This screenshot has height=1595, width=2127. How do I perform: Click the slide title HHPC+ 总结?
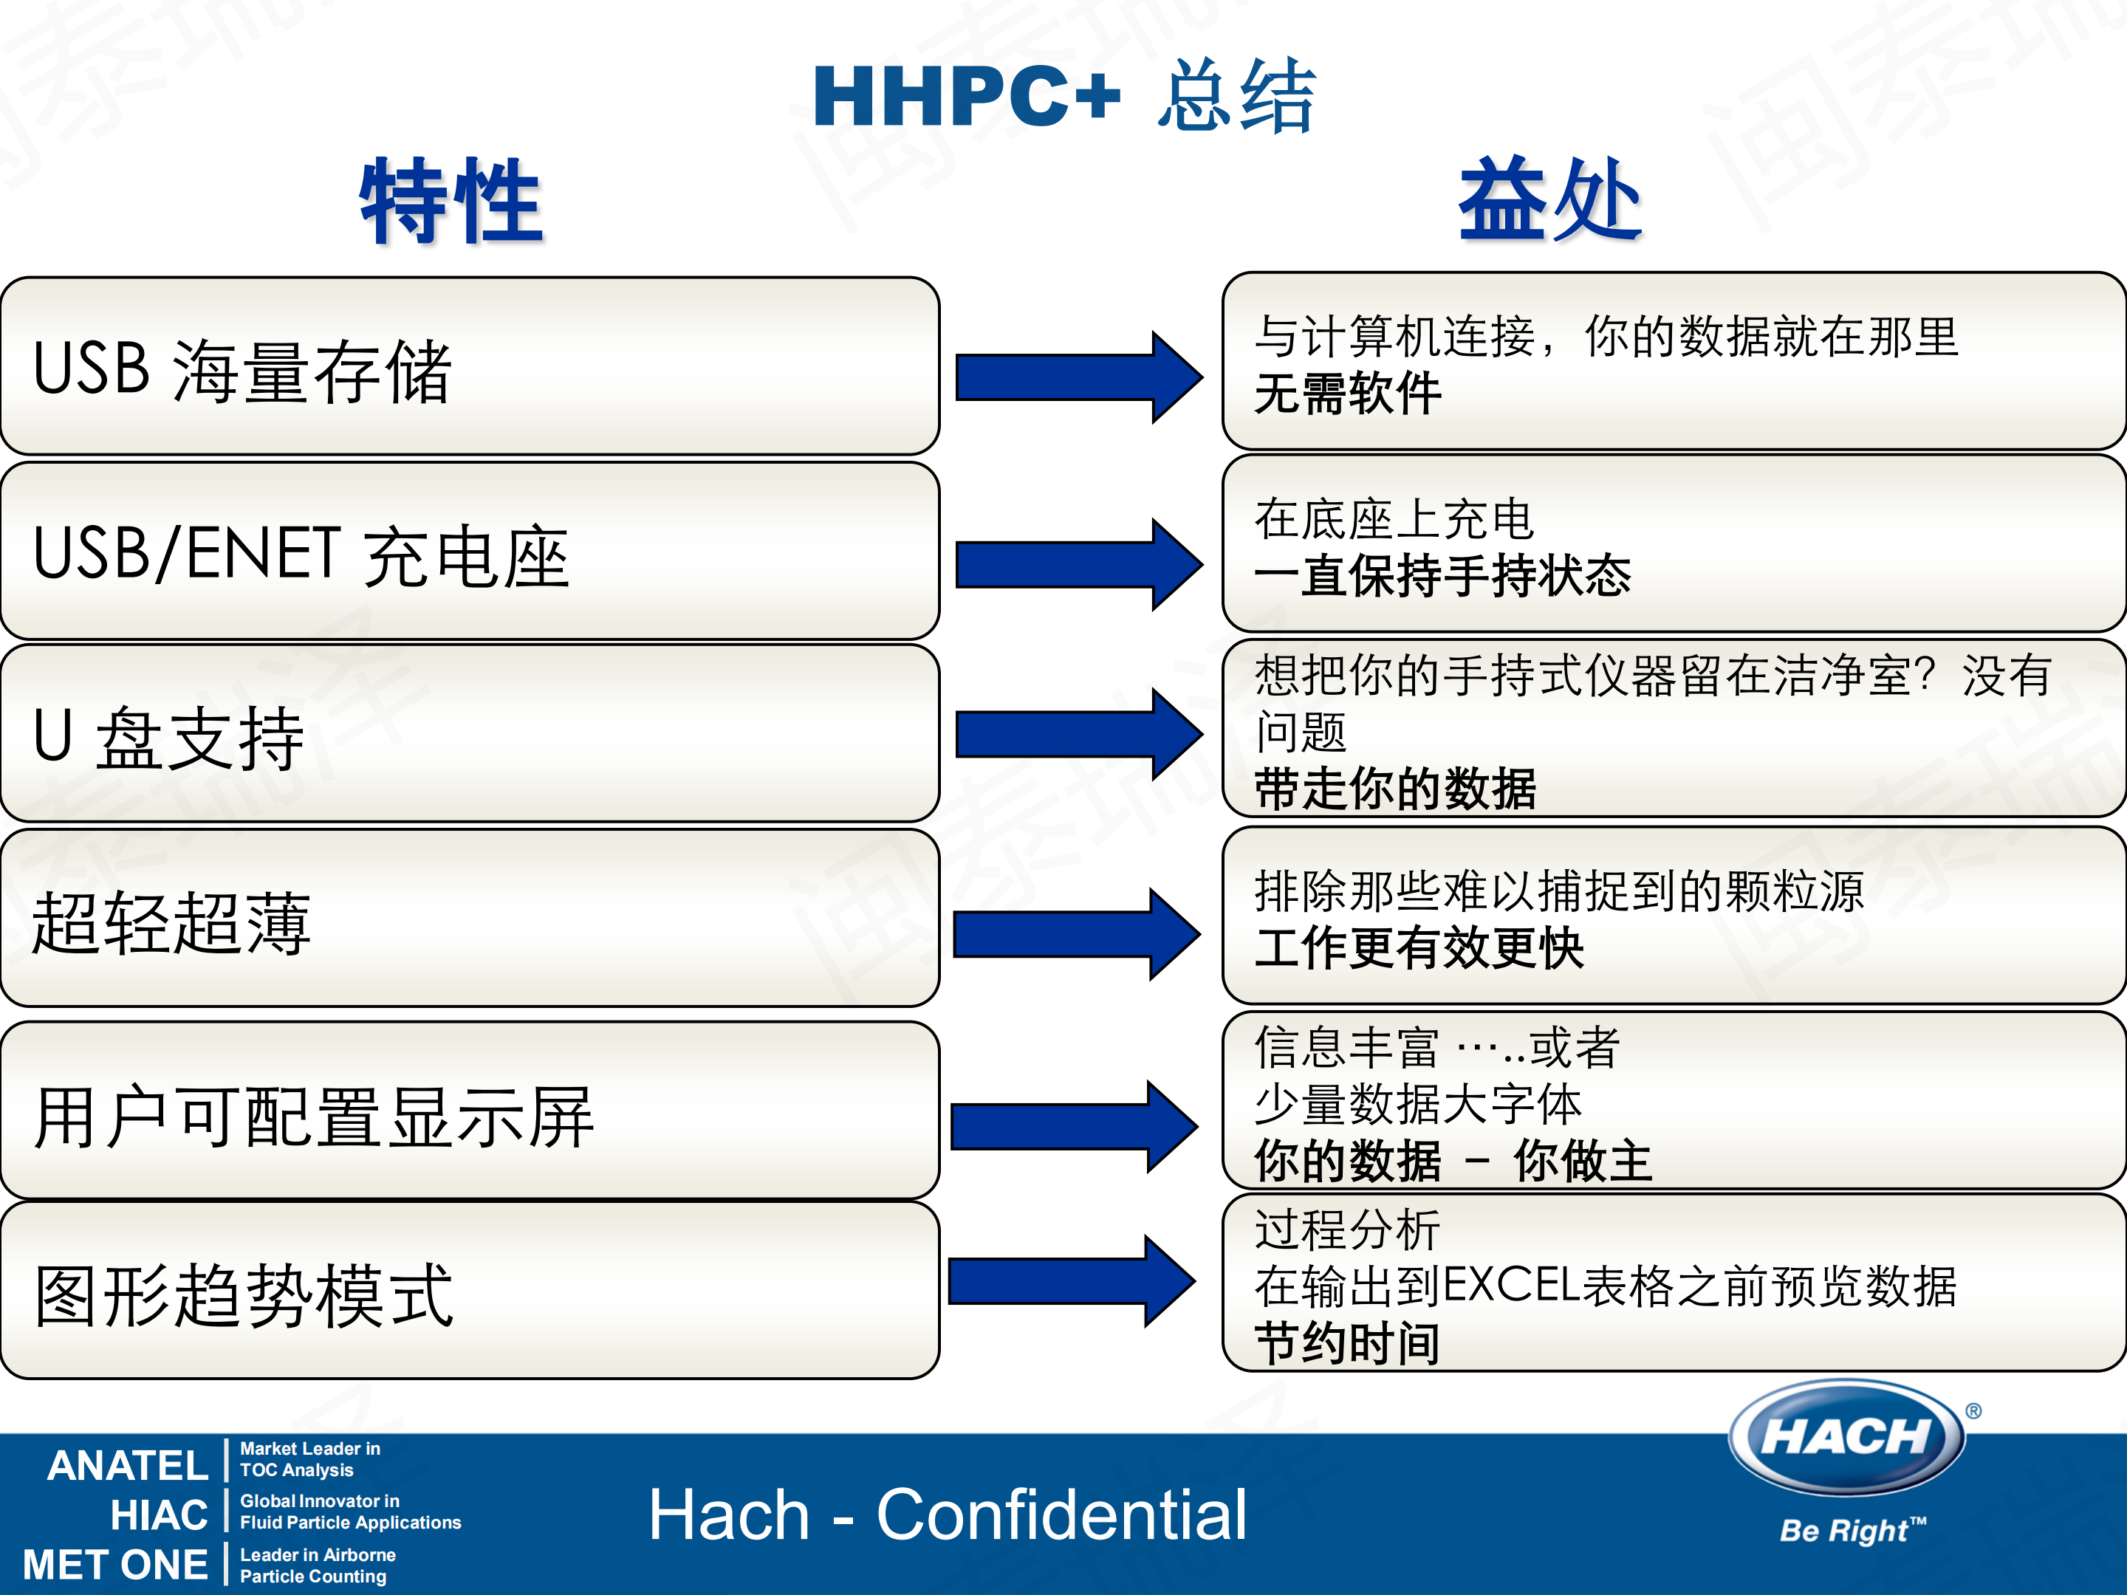click(x=1063, y=96)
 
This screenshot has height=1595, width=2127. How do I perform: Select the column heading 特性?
click(x=451, y=202)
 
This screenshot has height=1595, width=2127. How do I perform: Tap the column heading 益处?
click(x=1550, y=200)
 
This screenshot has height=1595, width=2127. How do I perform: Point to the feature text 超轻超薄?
click(x=172, y=923)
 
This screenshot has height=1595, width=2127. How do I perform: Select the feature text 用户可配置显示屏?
click(x=313, y=1117)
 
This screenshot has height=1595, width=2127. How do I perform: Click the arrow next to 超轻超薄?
click(x=1076, y=933)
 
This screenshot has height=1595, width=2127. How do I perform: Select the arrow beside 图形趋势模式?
click(x=1071, y=1280)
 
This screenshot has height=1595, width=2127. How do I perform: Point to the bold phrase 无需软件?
click(x=1347, y=394)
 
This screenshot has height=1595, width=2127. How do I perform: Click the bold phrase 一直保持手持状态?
click(x=1442, y=577)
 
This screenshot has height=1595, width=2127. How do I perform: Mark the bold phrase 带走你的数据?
click(x=1395, y=789)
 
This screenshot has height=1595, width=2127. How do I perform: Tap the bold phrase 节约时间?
click(x=1347, y=1343)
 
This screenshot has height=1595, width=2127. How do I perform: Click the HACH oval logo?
click(x=1846, y=1437)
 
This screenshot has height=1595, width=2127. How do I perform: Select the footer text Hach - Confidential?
click(x=947, y=1515)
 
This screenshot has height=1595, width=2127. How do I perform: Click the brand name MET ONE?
click(x=115, y=1564)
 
